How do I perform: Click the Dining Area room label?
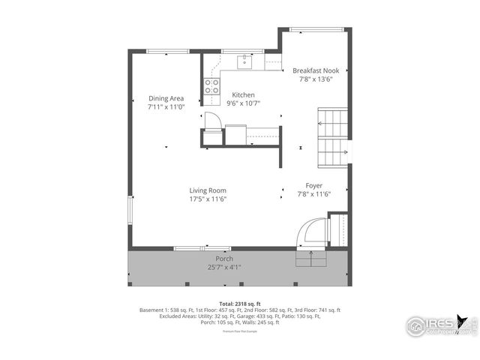point(166,98)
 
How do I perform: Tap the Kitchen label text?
point(243,95)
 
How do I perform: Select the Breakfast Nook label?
point(316,70)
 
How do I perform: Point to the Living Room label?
point(208,190)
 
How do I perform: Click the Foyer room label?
point(313,185)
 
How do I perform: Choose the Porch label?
point(225,259)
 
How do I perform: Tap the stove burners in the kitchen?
point(211,86)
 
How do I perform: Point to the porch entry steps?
point(310,258)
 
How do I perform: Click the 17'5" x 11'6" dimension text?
point(208,199)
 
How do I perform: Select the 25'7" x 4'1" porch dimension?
point(225,267)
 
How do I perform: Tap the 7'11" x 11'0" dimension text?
point(166,106)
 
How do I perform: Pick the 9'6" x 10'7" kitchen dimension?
point(243,103)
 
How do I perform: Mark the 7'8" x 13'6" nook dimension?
point(316,79)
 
